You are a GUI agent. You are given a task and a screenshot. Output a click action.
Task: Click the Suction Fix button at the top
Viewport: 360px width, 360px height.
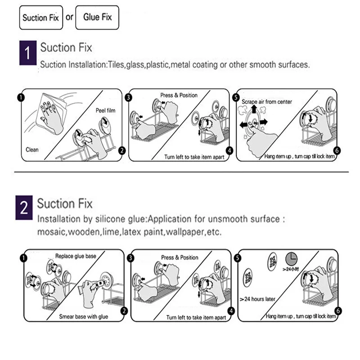point(41,18)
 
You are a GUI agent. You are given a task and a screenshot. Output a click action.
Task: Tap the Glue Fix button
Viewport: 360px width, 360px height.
point(98,17)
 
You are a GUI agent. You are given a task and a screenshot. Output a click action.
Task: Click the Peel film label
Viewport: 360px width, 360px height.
point(106,110)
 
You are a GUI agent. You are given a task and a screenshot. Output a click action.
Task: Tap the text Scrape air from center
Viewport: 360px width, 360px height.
point(267,102)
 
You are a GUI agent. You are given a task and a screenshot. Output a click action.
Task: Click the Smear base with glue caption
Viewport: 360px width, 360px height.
point(84,316)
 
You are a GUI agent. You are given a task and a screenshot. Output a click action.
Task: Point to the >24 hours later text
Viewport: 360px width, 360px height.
point(257,298)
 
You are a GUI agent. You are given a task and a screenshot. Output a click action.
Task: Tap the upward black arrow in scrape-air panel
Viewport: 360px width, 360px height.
point(254,109)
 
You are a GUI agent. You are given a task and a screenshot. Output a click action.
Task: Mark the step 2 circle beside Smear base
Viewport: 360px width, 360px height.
point(124,311)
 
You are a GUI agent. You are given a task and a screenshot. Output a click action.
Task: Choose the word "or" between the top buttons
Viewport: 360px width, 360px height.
point(69,18)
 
